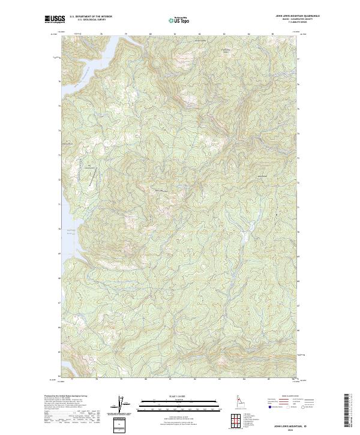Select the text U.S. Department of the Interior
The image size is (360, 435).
tap(91, 16)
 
